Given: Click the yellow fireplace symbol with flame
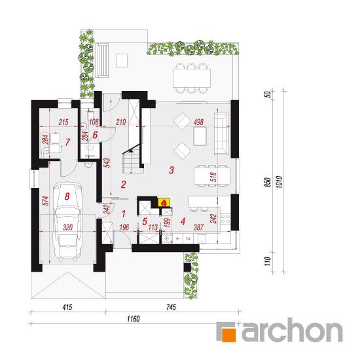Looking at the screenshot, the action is click(164, 202).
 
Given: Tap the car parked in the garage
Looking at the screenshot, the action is click(67, 222).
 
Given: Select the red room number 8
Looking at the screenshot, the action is click(67, 196).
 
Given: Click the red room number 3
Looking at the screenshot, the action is click(171, 170).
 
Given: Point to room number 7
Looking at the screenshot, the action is click(67, 142).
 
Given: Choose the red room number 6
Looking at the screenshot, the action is click(95, 135).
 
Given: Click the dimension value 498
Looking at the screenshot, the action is click(198, 122).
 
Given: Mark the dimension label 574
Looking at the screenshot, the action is click(46, 201).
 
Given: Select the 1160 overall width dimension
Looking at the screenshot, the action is click(133, 319).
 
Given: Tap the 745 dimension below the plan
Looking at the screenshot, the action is click(171, 307).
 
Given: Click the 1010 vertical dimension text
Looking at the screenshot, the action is click(279, 182).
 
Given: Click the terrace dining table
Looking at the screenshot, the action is click(192, 78).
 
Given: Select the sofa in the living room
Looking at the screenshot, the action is click(221, 134).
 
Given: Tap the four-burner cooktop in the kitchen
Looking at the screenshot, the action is click(225, 219).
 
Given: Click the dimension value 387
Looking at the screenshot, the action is click(198, 227).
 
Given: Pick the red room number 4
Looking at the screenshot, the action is click(183, 221).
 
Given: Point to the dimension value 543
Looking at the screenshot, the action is click(107, 163).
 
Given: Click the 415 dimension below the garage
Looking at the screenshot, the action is click(67, 307).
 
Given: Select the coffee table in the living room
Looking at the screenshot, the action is click(200, 136).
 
